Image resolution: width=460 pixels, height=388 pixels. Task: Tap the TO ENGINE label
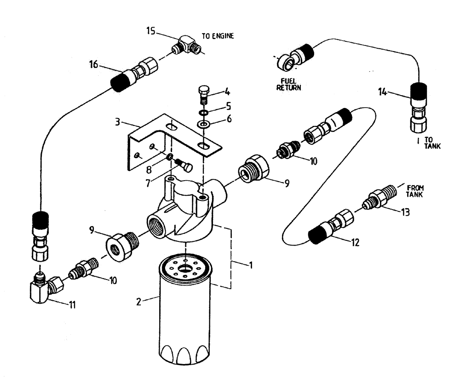[x=218, y=35]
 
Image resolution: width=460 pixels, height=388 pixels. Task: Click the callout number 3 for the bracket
[x=118, y=123]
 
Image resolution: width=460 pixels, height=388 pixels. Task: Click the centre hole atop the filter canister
[x=185, y=268]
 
